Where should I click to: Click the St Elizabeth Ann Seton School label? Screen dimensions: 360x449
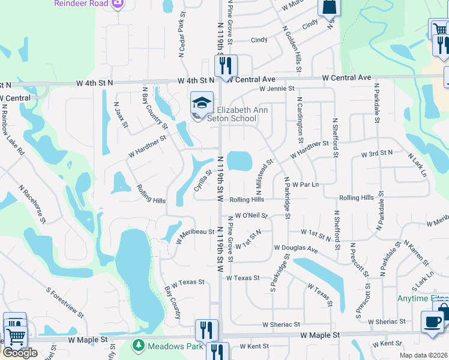tap(231, 114)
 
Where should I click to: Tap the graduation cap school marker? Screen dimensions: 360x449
tap(202, 103)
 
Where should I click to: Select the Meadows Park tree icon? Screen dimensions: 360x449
tap(139, 346)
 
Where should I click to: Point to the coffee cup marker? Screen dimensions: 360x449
tap(432, 321)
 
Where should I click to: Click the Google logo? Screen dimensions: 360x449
tap(20, 353)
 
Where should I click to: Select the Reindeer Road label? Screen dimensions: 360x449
tap(80, 4)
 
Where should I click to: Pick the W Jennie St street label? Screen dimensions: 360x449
tap(277, 89)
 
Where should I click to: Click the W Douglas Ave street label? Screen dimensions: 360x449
tap(295, 248)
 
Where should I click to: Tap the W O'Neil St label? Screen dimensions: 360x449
tap(251, 215)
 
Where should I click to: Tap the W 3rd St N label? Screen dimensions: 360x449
tap(376, 154)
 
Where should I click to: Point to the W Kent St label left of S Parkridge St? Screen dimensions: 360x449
tap(254, 346)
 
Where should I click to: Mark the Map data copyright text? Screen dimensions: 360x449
tap(424, 355)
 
